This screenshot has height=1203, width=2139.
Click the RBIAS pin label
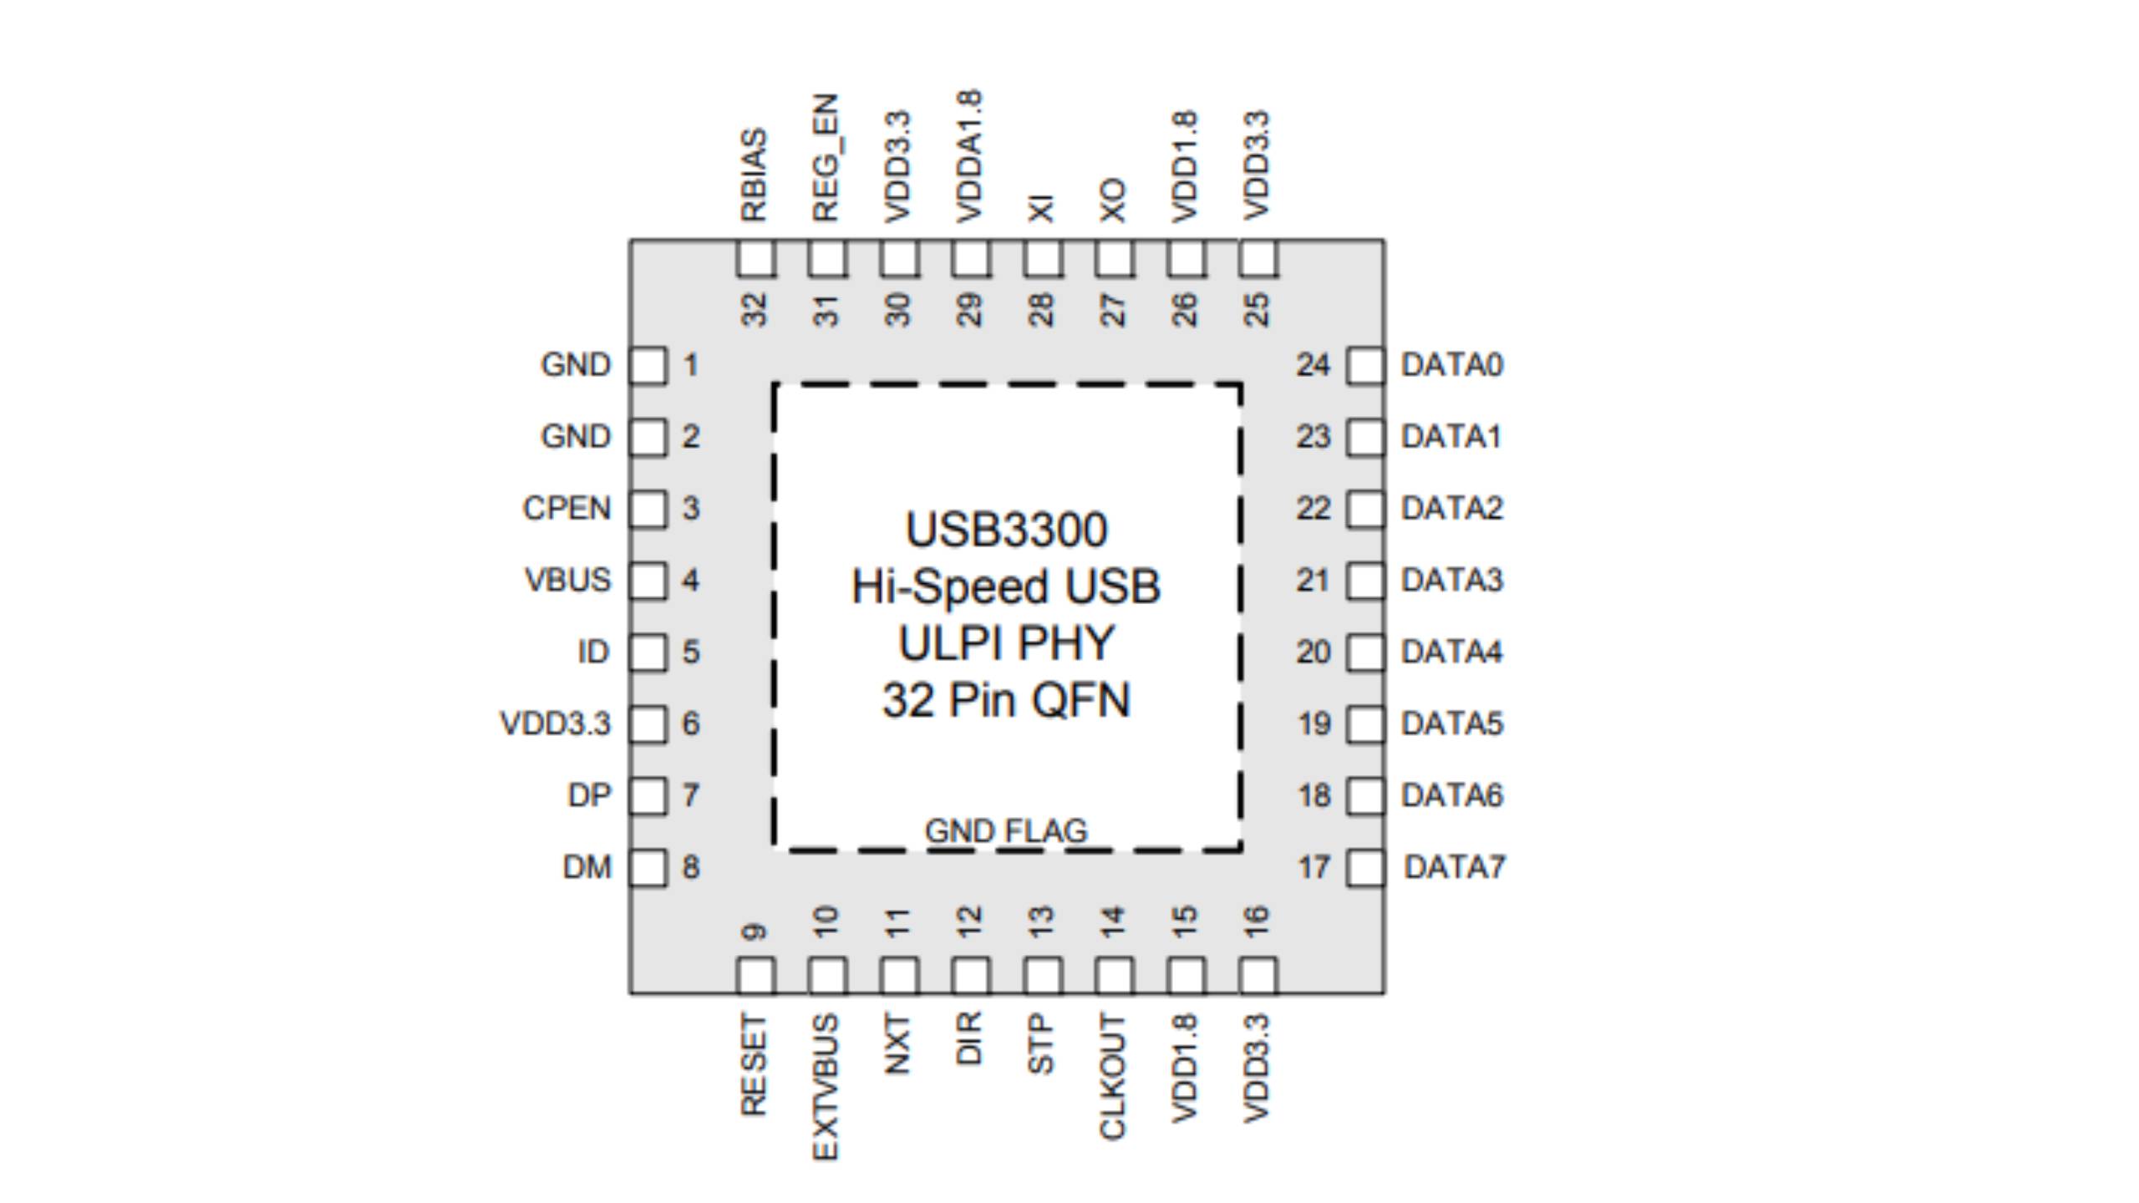coord(754,175)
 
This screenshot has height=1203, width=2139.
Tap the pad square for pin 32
coord(755,258)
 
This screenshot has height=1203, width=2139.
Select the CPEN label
coord(567,508)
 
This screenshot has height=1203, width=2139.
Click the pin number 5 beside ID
coord(690,652)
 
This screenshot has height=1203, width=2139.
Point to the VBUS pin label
coord(567,580)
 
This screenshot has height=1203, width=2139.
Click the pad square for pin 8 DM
coord(648,867)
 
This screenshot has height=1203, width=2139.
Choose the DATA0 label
coord(1452,365)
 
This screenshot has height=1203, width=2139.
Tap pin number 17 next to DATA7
coord(1313,867)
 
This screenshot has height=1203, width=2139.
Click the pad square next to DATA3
coord(1365,581)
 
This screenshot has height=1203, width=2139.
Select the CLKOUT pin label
coord(1113,1077)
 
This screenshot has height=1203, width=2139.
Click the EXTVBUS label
coord(826,1087)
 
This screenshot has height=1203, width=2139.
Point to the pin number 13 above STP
coord(1041,923)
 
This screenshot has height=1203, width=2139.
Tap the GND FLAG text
coord(1006,830)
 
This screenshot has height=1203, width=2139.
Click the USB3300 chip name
coord(1006,530)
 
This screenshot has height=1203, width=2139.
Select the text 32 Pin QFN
coord(1006,700)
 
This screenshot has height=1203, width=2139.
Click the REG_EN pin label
coord(826,158)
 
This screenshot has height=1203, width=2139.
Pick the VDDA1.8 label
coord(969,156)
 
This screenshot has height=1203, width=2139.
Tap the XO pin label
coord(1113,200)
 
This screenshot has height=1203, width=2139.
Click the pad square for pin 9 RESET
coord(755,975)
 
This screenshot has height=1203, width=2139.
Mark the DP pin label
coord(589,795)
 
